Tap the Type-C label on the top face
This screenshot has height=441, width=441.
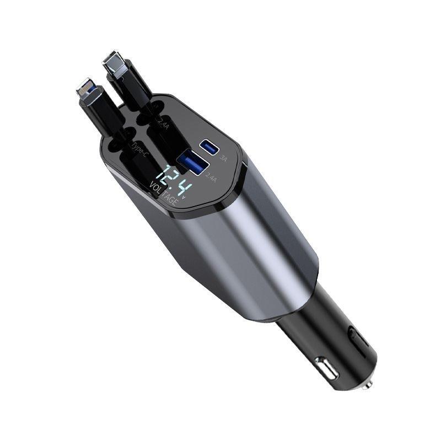pos(138,147)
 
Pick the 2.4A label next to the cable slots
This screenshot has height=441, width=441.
pos(164,122)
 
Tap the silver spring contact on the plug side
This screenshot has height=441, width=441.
pos(325,368)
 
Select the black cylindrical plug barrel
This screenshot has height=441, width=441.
pos(325,342)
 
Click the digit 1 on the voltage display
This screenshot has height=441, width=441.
pos(159,175)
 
